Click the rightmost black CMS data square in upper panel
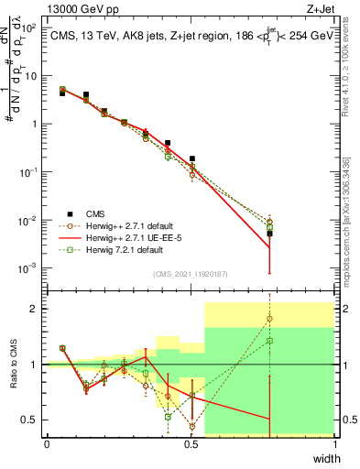click(x=269, y=234)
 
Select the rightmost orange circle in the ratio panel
click(x=269, y=319)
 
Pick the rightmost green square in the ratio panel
click(x=269, y=341)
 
